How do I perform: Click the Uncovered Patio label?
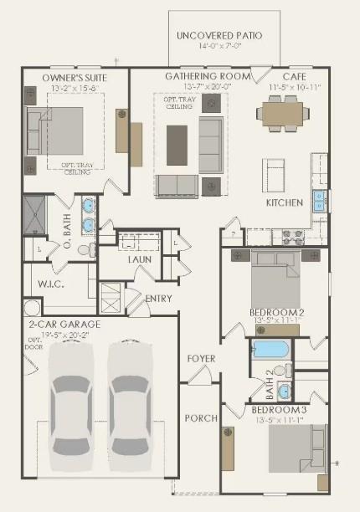pos(219,36)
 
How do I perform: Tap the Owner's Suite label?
pos(75,77)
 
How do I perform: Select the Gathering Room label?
pos(208,76)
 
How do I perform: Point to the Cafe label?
pos(281,76)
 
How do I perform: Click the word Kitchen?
pos(284,202)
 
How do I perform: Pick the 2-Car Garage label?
pos(64,324)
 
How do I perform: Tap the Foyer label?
pos(201,359)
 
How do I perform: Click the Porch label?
pos(201,417)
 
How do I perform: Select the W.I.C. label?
pos(51,284)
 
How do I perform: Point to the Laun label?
pos(139,259)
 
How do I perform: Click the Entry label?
pos(158,298)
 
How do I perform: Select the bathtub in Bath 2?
pos(270,349)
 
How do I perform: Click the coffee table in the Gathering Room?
pos(177,145)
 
